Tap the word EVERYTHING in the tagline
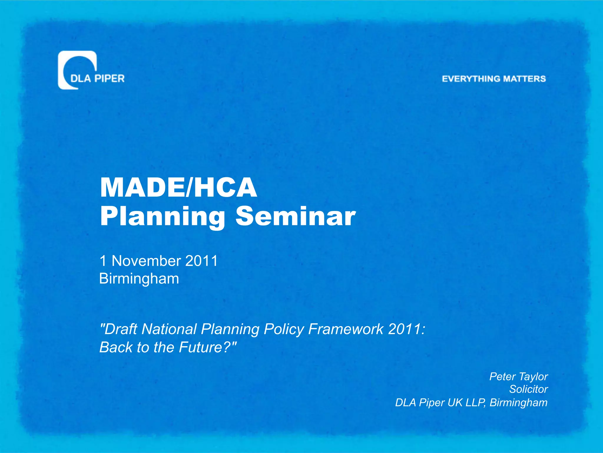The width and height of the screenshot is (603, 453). coord(471,79)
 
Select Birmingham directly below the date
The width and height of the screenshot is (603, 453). coord(139,279)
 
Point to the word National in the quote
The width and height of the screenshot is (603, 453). coord(169,329)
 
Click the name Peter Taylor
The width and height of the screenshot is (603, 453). coord(518,377)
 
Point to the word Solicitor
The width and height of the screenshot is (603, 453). coord(529,389)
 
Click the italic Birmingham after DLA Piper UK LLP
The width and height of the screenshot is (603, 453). coord(518,403)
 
